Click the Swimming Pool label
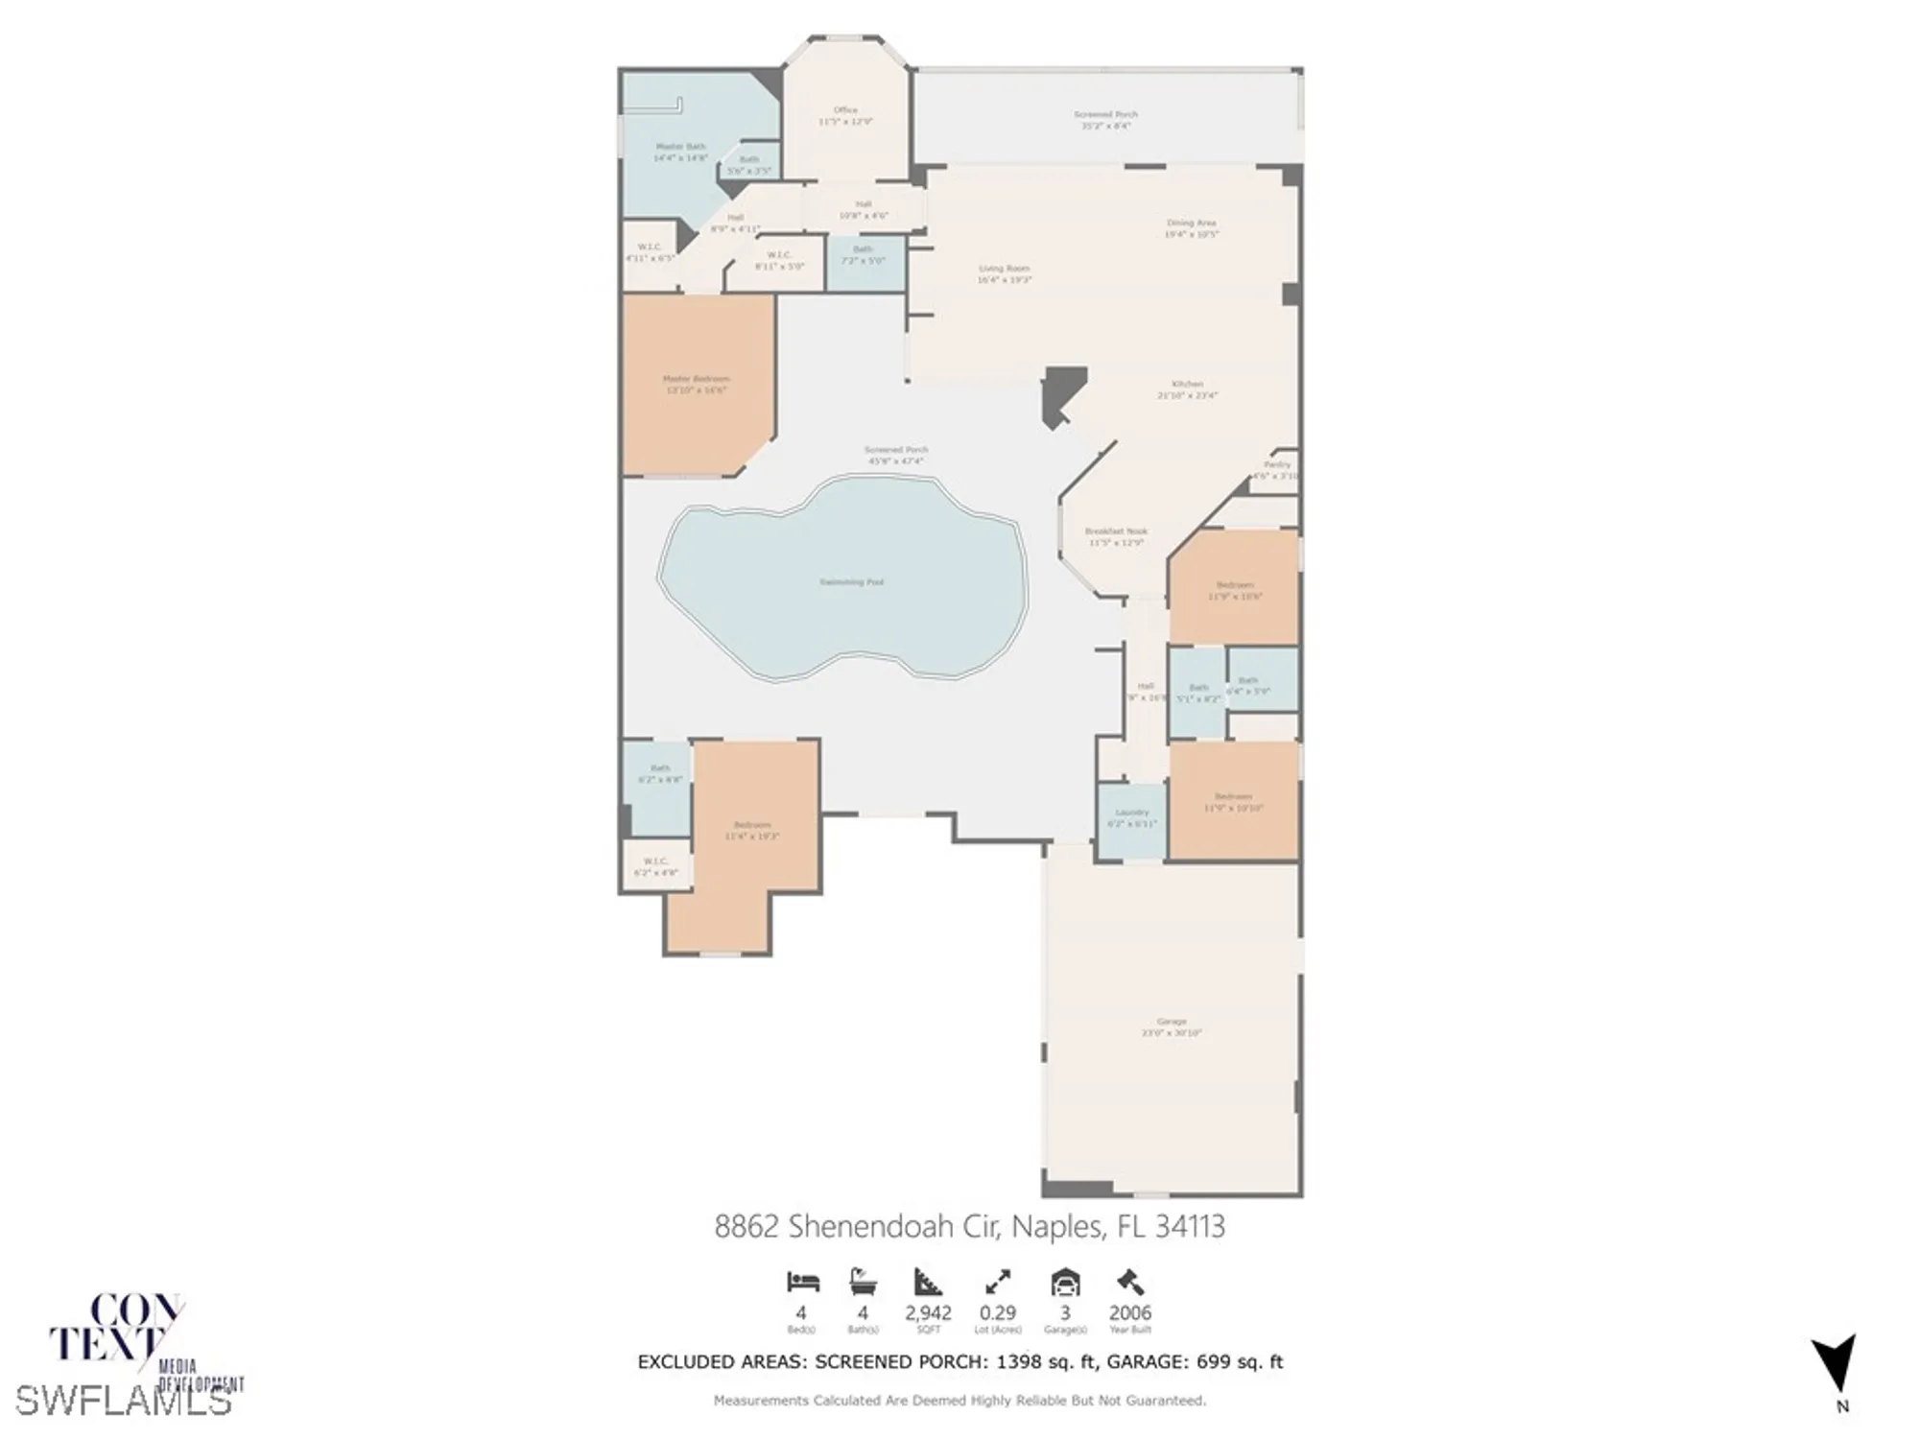tap(851, 582)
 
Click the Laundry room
tap(1132, 818)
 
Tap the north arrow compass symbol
tap(1835, 1366)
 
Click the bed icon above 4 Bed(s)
tap(802, 1282)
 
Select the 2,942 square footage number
tap(928, 1312)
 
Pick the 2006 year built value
tap(1129, 1312)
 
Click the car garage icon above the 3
tap(1065, 1282)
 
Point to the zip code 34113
tap(1189, 1226)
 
